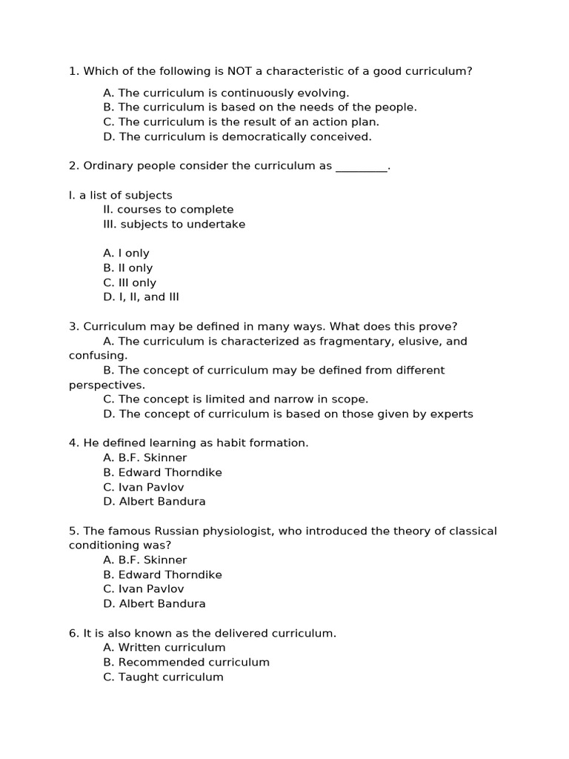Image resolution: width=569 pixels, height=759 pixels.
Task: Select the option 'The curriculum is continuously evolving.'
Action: (x=226, y=93)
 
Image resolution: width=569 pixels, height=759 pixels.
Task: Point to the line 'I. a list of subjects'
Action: (x=120, y=195)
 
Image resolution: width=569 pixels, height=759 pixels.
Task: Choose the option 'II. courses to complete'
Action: (x=168, y=210)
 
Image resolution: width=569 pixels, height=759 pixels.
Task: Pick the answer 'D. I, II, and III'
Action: (x=141, y=297)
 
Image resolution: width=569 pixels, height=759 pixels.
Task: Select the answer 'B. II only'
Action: (x=127, y=268)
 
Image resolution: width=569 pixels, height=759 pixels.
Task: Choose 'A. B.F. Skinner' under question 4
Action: (x=145, y=457)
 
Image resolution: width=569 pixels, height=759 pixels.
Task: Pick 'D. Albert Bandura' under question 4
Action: (x=154, y=501)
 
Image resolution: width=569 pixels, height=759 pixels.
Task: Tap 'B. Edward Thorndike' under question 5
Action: (x=162, y=574)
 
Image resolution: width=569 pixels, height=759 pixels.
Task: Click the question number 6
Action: (x=73, y=633)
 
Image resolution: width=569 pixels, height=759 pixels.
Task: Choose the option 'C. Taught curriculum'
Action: (x=163, y=677)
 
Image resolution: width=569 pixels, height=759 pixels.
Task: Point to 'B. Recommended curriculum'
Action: (x=186, y=662)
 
